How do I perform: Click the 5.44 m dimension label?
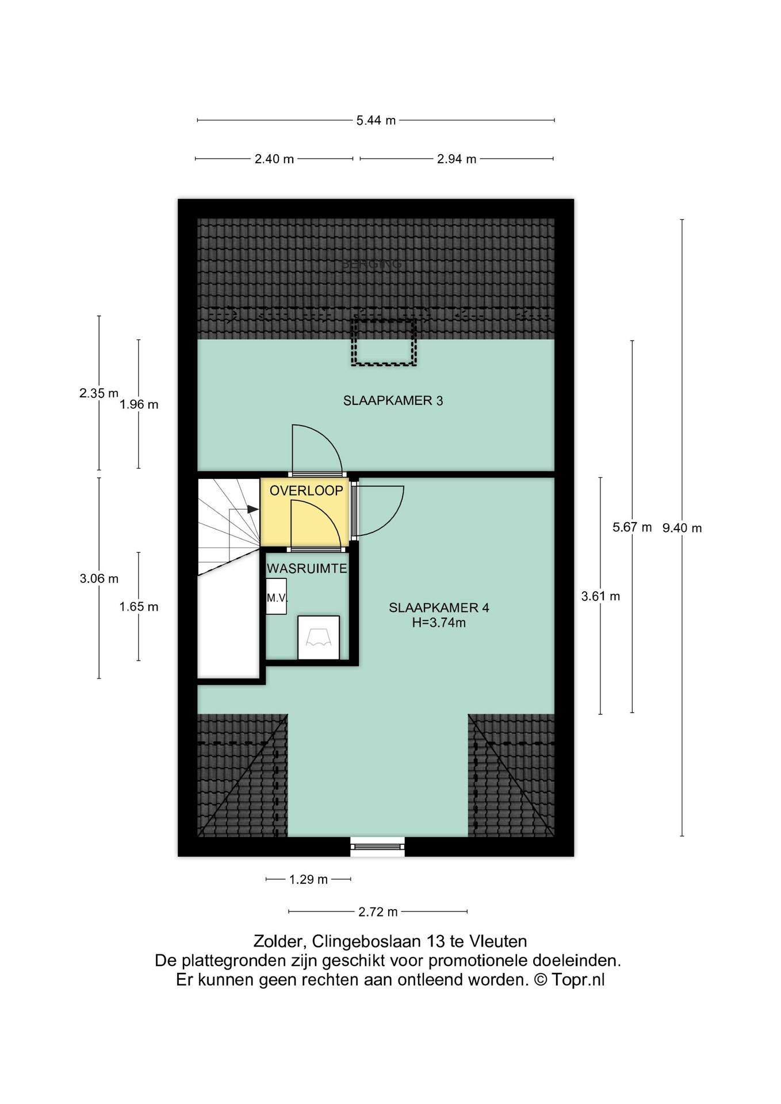tap(376, 121)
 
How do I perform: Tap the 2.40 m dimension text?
tap(274, 159)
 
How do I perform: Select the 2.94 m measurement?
tap(457, 159)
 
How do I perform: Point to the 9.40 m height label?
tap(682, 528)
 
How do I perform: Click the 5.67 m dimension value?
tap(632, 527)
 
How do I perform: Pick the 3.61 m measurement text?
tap(600, 596)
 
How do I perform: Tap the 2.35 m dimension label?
tap(99, 393)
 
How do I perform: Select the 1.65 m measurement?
tap(139, 607)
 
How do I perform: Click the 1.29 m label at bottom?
tap(308, 879)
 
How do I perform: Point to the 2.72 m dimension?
tap(378, 911)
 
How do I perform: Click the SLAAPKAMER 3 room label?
tap(393, 401)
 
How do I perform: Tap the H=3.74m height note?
tap(439, 622)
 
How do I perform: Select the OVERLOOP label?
tap(306, 490)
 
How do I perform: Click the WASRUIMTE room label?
tap(307, 569)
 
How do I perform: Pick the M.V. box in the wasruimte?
tap(277, 597)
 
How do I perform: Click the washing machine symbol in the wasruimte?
tap(319, 637)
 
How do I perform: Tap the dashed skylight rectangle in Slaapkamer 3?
tap(384, 342)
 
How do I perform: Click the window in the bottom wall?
tap(377, 846)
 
